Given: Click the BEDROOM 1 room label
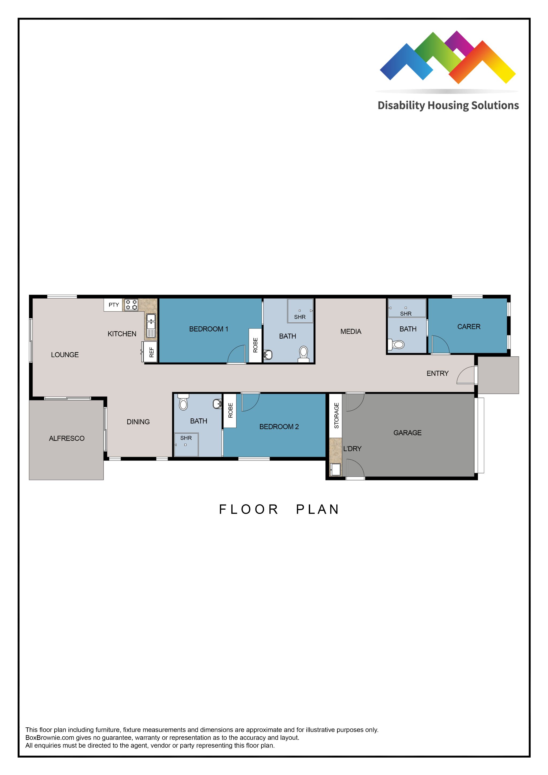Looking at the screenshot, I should [x=208, y=329].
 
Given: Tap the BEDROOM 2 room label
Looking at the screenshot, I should [x=279, y=427].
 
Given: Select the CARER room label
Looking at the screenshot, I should [x=469, y=326].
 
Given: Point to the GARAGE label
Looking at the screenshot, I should [x=407, y=433].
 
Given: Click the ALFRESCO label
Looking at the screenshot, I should [x=67, y=438].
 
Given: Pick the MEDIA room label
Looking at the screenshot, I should [x=351, y=331].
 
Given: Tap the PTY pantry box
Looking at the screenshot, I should [x=113, y=305].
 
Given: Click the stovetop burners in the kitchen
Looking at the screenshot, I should [x=131, y=305].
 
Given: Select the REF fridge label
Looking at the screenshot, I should [x=151, y=352].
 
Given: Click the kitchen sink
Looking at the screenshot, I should [x=151, y=321].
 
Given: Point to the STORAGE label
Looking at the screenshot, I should [x=336, y=415].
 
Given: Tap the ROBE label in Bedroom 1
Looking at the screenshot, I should [x=255, y=345].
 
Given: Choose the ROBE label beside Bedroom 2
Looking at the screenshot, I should [x=230, y=410].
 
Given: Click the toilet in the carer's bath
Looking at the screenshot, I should [x=397, y=345].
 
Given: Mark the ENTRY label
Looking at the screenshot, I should [x=437, y=373].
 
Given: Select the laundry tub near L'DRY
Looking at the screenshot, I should [x=336, y=469].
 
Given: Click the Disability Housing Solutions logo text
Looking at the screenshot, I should [x=448, y=105].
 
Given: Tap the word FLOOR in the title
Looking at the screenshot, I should [x=249, y=509].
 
